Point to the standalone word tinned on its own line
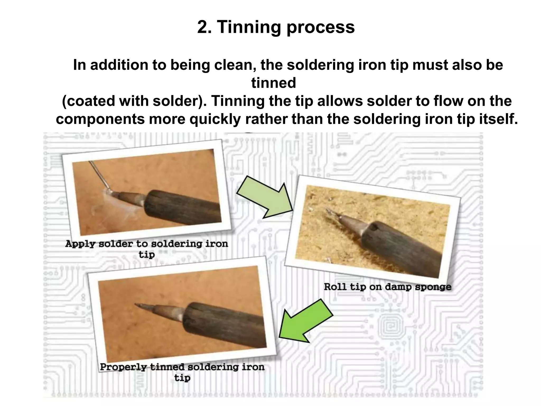click(273, 83)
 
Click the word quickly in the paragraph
click(215, 119)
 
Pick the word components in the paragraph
click(100, 119)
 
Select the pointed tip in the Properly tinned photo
click(140, 305)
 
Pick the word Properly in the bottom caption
click(123, 367)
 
